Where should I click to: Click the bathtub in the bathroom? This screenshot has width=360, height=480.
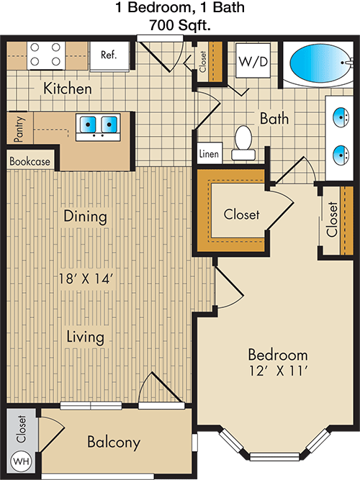(319, 63)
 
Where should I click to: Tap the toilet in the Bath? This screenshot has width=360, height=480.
(243, 143)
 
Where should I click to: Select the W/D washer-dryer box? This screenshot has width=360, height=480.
(253, 60)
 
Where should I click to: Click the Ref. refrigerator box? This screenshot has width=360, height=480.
(109, 55)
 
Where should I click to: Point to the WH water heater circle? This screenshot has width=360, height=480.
(21, 461)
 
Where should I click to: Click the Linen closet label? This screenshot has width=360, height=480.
(209, 153)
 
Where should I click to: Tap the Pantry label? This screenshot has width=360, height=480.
(19, 129)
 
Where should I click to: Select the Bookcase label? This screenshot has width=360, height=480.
(30, 161)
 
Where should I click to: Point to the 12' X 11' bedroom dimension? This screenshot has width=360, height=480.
(278, 371)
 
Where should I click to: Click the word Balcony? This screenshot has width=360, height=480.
(114, 443)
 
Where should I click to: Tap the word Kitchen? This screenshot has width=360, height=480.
(68, 89)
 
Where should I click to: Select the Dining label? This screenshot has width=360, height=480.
(85, 217)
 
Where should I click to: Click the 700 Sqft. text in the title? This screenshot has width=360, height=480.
(180, 24)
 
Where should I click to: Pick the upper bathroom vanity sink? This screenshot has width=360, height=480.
(341, 117)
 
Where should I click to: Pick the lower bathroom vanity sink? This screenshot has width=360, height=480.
(341, 155)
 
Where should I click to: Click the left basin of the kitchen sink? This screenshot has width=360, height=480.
(87, 124)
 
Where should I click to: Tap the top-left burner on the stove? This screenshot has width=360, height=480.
(35, 47)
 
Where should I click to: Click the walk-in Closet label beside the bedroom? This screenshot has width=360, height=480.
(241, 214)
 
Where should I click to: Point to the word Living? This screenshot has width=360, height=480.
(86, 337)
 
